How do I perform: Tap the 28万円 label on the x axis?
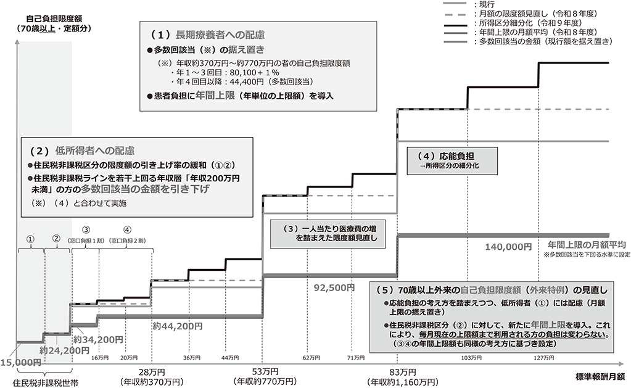pos(152,373)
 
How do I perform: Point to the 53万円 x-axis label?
pos(265,372)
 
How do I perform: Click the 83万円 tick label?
pos(402,373)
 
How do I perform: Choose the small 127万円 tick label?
pos(543,357)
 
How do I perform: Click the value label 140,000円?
pos(508,247)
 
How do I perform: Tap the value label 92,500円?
pos(334,288)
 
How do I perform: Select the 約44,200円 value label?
pos(178,326)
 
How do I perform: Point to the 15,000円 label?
pos(20,363)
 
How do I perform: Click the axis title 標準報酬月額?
pos(600,377)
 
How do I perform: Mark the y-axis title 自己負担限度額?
pos(54,19)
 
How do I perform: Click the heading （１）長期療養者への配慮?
pos(208,35)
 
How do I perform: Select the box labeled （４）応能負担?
pos(452,160)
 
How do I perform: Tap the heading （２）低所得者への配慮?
pos(82,151)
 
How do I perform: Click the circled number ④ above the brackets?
pos(127,230)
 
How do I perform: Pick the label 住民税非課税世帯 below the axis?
pos(46,382)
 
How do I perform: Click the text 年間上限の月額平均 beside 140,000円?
pos(587,245)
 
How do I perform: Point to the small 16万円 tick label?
pos(100,357)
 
